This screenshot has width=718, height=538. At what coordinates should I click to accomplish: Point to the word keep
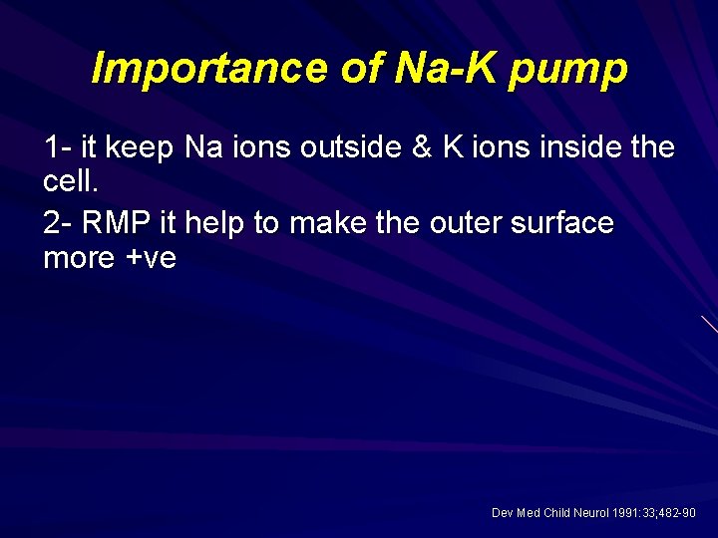pos(141,148)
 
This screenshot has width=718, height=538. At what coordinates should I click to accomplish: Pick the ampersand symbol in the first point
pos(424,148)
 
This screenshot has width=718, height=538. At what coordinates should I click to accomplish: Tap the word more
pos(80,258)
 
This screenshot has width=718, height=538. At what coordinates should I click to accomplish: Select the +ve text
pos(151,258)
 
